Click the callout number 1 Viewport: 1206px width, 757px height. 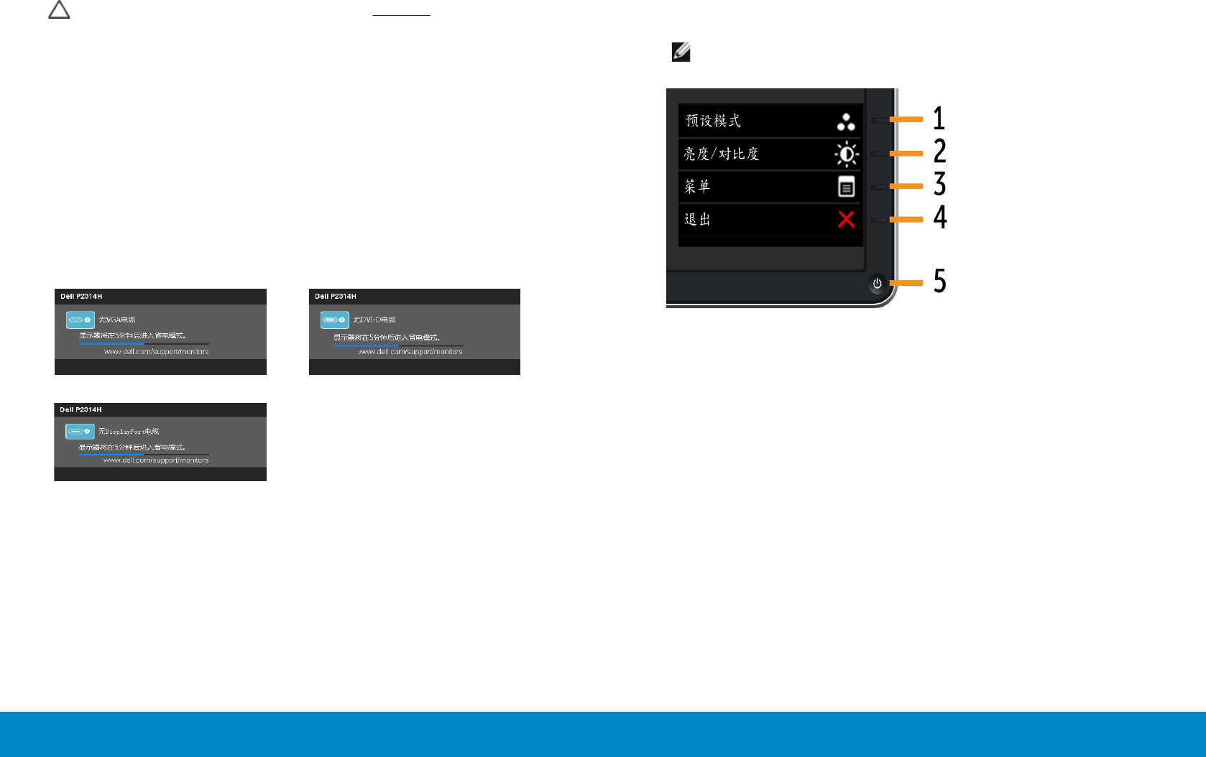pos(939,119)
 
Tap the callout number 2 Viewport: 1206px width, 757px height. pos(939,152)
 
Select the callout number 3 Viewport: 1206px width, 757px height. pos(939,185)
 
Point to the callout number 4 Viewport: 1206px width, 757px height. pos(940,218)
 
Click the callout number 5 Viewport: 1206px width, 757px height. pos(939,282)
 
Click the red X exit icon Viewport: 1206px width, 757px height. pos(846,220)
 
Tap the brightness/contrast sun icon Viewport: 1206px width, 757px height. pos(846,154)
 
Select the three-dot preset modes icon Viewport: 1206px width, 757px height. pos(846,122)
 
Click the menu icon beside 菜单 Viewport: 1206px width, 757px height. pos(846,187)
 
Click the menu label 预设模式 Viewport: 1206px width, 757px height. pos(713,121)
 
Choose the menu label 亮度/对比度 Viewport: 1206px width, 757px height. pos(721,154)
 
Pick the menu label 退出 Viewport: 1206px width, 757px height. pos(697,220)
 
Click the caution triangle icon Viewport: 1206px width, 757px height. pos(59,10)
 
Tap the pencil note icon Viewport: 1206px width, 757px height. pos(681,52)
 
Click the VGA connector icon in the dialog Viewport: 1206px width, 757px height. pos(80,320)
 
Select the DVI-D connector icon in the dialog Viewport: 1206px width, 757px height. pos(334,320)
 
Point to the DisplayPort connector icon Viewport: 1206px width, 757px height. pos(80,432)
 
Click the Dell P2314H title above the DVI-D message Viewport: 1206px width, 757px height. pos(335,297)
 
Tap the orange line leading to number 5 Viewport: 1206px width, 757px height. pos(907,283)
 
